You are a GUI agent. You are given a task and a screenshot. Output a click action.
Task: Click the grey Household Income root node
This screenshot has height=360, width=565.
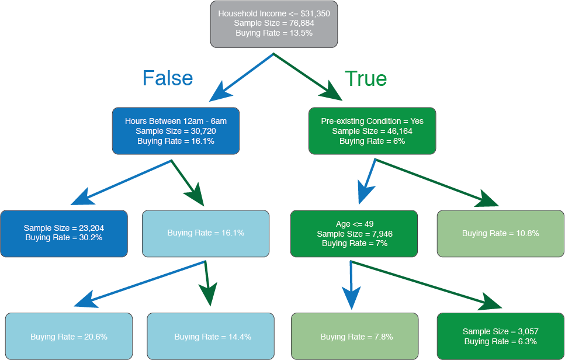tap(273, 23)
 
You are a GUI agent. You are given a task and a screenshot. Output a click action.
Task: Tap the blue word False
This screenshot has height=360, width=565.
tap(168, 78)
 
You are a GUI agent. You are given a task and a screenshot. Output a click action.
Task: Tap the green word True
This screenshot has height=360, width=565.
tap(366, 78)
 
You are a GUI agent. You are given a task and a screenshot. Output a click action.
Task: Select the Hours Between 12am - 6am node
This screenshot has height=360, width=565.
tap(175, 131)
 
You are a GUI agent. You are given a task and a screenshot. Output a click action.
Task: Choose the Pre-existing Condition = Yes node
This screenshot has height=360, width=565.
tap(372, 131)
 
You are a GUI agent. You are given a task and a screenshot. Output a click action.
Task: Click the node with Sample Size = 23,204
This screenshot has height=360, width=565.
tap(64, 233)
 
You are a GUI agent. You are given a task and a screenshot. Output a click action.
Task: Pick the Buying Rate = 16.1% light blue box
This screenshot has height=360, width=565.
tap(206, 233)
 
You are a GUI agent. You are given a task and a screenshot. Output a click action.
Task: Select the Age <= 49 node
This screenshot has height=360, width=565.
tap(354, 233)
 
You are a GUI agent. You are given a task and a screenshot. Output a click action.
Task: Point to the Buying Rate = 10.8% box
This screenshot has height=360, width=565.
tap(500, 233)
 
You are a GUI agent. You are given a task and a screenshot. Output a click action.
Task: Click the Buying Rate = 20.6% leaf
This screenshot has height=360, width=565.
tap(68, 336)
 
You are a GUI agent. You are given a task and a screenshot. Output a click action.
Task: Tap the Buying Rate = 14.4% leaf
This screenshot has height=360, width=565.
tap(210, 336)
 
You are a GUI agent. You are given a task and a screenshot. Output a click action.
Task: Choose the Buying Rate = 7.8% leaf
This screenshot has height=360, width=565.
tap(355, 336)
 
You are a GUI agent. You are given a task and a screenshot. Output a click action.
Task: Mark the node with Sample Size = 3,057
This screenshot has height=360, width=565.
tap(500, 336)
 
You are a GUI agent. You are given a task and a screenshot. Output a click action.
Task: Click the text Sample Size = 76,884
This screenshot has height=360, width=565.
tap(273, 23)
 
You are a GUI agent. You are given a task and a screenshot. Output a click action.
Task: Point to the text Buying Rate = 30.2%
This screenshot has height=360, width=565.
tap(64, 238)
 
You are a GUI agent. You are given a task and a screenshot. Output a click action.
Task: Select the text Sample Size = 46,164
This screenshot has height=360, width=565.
tap(372, 131)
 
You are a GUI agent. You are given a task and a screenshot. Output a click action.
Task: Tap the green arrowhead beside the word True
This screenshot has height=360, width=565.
tap(332, 92)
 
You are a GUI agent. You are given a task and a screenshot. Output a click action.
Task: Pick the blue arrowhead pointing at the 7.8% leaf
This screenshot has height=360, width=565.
tap(351, 299)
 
